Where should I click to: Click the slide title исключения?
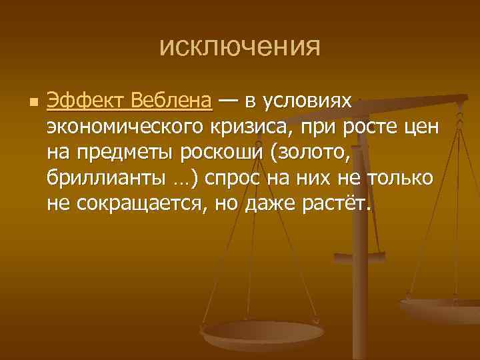pos(240,47)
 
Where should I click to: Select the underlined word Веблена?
pos(171,101)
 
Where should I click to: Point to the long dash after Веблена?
pos(229,101)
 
